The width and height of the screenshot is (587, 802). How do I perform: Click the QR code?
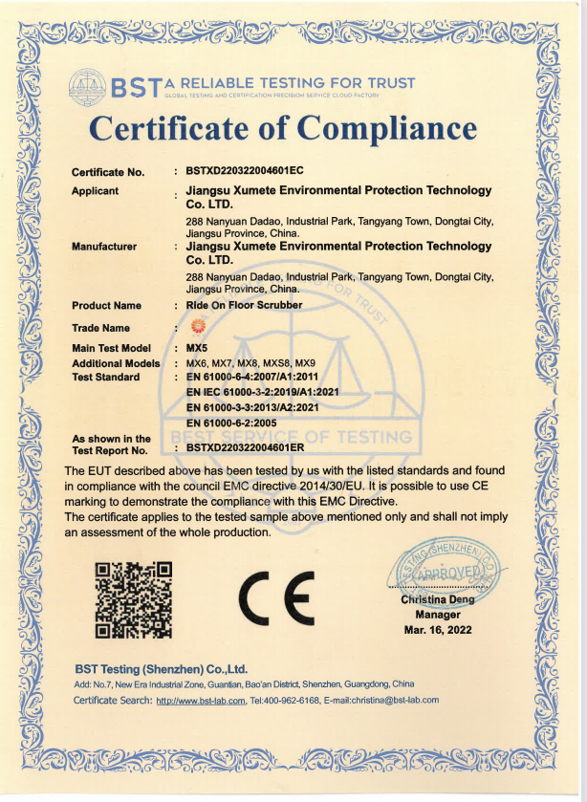click(x=134, y=599)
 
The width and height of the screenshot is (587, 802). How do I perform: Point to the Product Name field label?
click(x=106, y=306)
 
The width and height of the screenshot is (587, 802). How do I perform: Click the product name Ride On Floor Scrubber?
click(x=244, y=306)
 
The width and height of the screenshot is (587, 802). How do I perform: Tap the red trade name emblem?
click(x=199, y=327)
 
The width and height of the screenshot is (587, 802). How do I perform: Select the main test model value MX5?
click(x=197, y=349)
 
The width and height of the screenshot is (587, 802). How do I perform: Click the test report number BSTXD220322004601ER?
click(x=245, y=447)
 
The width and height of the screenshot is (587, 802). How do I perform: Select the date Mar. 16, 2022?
click(x=438, y=630)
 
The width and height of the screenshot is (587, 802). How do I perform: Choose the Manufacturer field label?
click(x=104, y=247)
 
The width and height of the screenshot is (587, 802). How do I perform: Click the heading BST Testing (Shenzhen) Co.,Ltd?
click(x=161, y=668)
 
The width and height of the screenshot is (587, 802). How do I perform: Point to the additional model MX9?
click(x=304, y=363)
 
